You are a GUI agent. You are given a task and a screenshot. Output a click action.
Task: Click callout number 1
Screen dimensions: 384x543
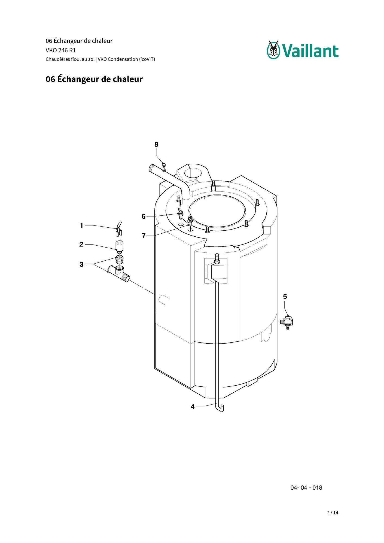[81, 225]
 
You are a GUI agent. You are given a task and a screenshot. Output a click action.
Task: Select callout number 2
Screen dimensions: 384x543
[81, 244]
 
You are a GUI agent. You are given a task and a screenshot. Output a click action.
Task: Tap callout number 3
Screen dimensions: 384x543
[81, 264]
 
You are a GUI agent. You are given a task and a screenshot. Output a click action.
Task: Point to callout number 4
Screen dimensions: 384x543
[193, 407]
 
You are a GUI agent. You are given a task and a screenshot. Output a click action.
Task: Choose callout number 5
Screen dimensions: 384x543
[285, 297]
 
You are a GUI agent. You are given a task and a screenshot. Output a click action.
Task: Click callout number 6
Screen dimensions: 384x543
[144, 216]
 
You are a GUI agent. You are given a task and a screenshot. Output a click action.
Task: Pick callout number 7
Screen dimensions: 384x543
[144, 236]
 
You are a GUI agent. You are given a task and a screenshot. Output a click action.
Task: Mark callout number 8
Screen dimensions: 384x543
[156, 145]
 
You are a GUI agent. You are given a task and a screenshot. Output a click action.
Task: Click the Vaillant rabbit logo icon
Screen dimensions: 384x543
[273, 50]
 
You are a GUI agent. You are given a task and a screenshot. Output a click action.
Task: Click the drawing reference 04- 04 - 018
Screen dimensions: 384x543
[306, 488]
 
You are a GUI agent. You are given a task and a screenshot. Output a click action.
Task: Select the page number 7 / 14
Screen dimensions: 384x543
[333, 513]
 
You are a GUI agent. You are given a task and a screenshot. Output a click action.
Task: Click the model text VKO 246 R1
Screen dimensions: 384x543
[61, 50]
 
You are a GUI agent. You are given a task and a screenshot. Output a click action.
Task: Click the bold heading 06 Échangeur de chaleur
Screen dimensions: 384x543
[94, 79]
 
